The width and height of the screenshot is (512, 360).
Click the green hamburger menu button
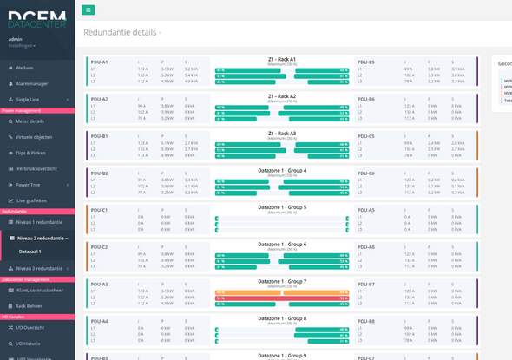click(89, 10)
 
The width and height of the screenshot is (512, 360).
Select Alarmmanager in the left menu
click(32, 83)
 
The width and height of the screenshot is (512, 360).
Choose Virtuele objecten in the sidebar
click(34, 137)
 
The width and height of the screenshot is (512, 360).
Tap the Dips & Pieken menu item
click(30, 153)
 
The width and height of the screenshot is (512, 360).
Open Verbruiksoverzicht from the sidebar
click(36, 168)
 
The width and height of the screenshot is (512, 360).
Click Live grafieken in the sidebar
click(31, 200)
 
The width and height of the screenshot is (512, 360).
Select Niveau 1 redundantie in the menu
click(39, 222)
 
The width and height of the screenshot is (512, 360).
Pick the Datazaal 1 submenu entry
click(30, 252)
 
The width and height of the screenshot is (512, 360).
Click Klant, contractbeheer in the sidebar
click(40, 290)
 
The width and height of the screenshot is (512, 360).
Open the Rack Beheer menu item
click(29, 305)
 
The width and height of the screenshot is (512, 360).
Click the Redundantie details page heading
click(121, 32)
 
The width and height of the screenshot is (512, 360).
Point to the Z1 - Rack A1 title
click(281, 59)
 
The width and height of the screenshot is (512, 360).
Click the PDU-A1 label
click(99, 62)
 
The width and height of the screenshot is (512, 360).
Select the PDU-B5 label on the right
click(366, 62)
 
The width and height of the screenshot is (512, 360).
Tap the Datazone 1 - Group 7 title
click(281, 281)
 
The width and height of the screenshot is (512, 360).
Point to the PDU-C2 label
click(99, 247)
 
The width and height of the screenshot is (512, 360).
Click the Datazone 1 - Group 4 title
click(281, 170)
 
